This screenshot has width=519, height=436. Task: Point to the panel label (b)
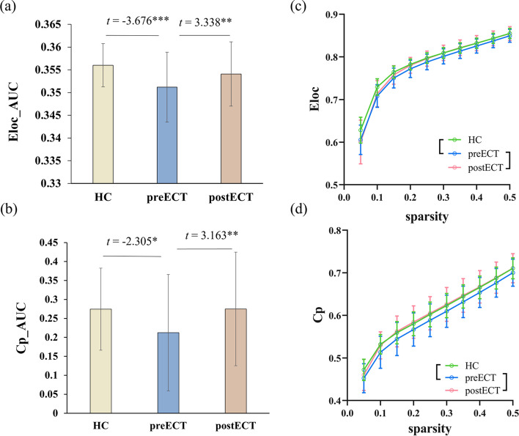coord(15,218)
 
